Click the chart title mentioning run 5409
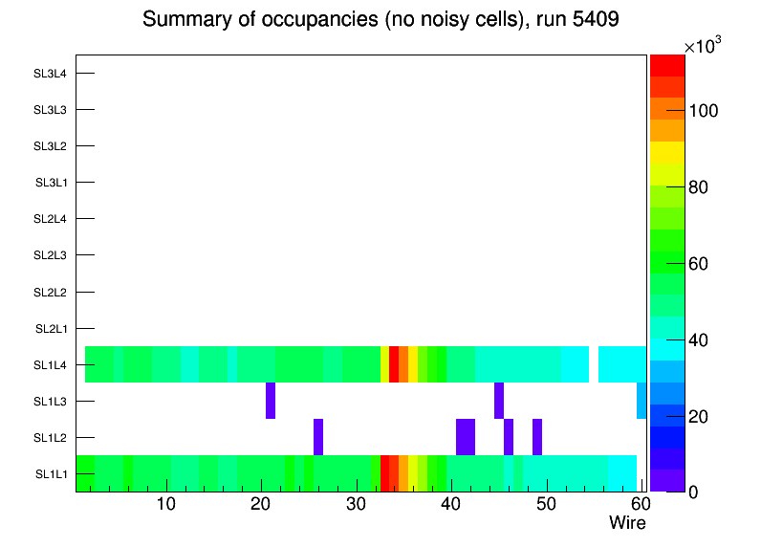(380, 20)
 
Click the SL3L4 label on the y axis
(50, 74)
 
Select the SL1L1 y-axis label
(52, 474)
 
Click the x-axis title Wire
(627, 523)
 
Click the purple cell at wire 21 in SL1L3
(271, 401)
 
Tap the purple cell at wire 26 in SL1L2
(318, 437)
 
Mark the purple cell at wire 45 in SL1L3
(499, 401)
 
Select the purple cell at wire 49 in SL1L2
(537, 437)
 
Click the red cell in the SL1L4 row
(394, 364)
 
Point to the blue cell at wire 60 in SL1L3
(641, 401)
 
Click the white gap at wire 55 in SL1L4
(594, 364)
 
